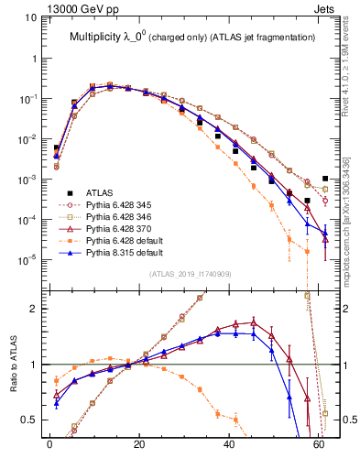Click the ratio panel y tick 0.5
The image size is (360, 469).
(x=33, y=420)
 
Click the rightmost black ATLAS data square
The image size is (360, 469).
(x=325, y=179)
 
